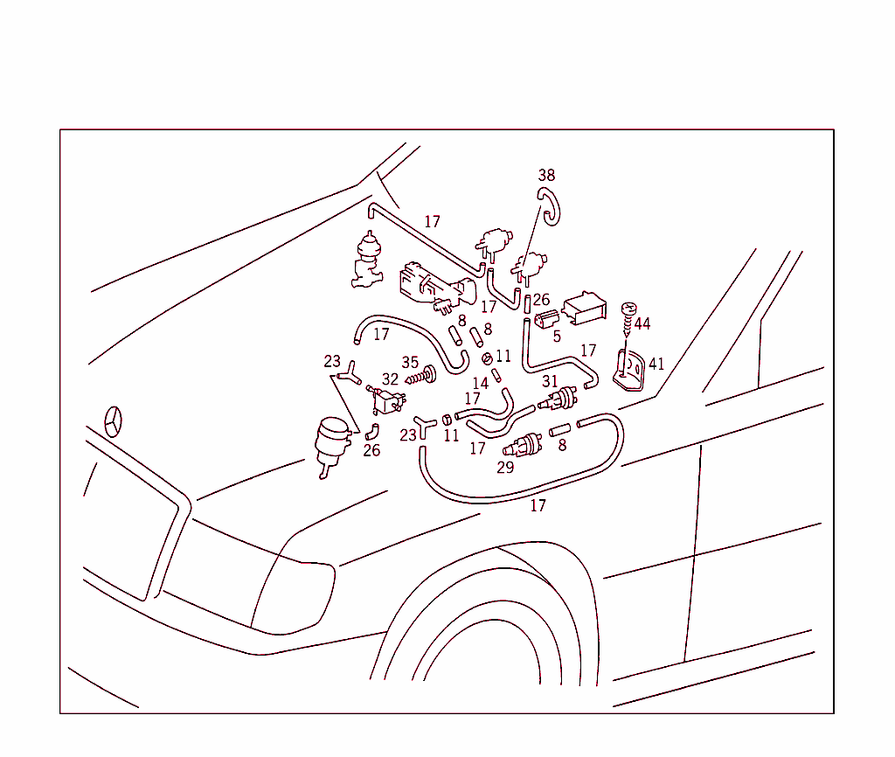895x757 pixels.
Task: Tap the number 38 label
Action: coord(546,176)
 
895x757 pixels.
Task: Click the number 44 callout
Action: coord(642,324)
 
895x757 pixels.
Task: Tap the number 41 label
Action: coord(656,365)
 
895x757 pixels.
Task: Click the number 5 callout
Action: coord(557,336)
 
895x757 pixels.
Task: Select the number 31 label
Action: coord(550,381)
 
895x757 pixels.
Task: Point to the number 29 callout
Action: coord(505,469)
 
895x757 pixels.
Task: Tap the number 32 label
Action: coord(390,379)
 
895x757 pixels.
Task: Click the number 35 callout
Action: coord(410,362)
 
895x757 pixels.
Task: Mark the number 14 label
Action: coord(480,384)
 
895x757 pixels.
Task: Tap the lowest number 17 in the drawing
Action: coord(538,506)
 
